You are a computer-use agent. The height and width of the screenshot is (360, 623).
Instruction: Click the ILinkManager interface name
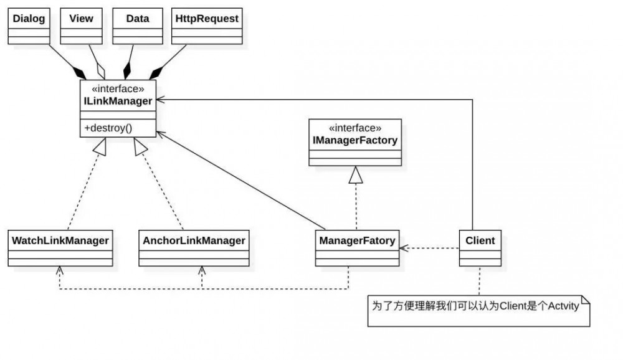[x=117, y=101]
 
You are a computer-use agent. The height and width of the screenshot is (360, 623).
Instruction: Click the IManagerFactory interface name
[x=354, y=141]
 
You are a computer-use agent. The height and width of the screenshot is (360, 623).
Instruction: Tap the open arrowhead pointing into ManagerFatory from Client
[x=404, y=248]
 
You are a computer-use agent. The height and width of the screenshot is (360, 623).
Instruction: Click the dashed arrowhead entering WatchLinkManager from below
[x=60, y=271]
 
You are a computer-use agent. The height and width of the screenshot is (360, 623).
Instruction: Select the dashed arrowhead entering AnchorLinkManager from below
[x=201, y=271]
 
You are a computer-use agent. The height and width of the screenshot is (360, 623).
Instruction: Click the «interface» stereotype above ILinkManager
[x=118, y=89]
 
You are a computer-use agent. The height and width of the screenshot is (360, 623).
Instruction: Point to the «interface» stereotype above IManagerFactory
[x=354, y=128]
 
